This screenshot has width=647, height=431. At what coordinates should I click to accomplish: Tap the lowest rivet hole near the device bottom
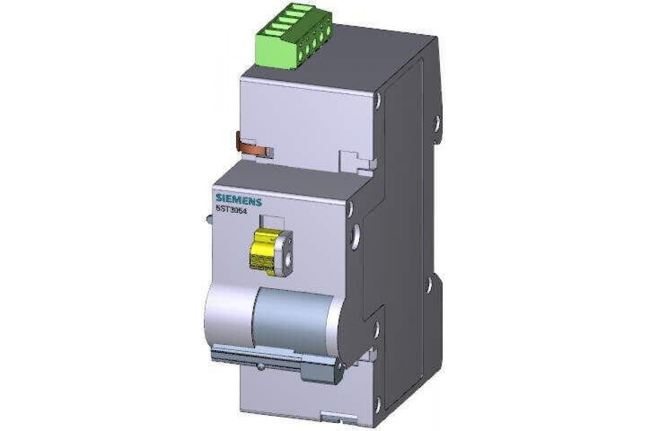coord(377,401)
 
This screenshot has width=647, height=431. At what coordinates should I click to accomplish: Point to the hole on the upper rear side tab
coord(437,122)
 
